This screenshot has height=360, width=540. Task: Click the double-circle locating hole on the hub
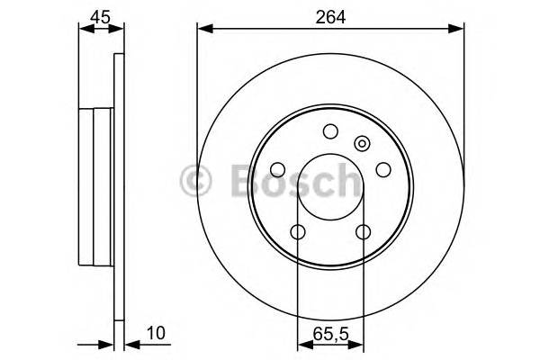click(363, 142)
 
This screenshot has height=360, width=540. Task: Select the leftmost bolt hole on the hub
click(277, 169)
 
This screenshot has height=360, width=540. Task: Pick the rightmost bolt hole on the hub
click(382, 169)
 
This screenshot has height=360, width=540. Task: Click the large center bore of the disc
click(329, 186)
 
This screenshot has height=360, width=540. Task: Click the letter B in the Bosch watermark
click(236, 180)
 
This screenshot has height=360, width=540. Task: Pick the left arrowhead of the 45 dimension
click(85, 30)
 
